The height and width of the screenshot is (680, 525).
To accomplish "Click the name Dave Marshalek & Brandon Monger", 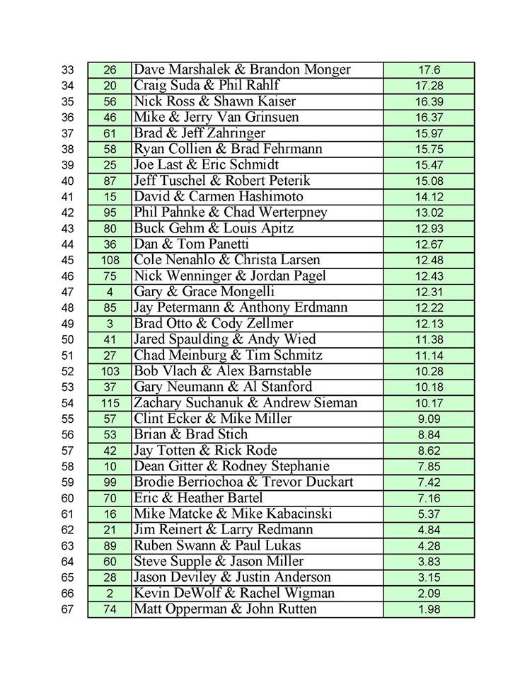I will tap(242, 70).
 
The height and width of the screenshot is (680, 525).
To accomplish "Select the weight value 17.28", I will tap(429, 86).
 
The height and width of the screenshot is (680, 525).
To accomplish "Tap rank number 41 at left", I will tap(67, 197).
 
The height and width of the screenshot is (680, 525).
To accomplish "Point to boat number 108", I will tap(110, 260).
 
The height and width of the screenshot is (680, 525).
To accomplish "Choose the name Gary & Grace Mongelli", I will tap(204, 292).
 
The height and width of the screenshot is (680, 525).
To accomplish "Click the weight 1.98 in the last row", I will tap(429, 609).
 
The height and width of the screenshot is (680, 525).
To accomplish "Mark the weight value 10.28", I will tap(429, 371).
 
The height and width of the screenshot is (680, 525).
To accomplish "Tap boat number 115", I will tap(110, 403).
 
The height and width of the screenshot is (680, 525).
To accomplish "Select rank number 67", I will tap(67, 609).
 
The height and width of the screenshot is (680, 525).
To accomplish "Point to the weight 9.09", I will tap(429, 419).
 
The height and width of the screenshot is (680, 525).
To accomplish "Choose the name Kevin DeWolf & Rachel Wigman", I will tap(234, 594).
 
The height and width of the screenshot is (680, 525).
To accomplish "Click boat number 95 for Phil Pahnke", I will tap(110, 212).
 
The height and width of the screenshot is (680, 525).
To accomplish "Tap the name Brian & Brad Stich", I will tap(191, 435).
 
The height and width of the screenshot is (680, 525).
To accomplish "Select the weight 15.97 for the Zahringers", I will tap(429, 133).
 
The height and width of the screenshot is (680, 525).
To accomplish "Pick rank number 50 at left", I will tap(67, 339).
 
